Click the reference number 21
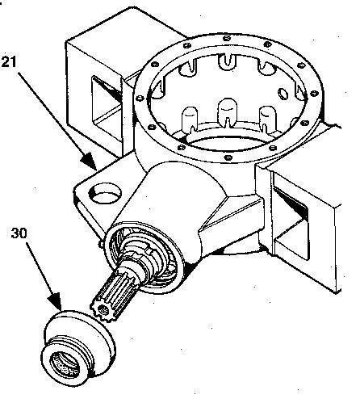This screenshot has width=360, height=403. tap(9, 61)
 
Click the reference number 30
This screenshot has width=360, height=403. tap(19, 233)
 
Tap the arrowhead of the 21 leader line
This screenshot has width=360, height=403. tap(89, 162)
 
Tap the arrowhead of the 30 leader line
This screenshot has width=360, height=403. tap(56, 302)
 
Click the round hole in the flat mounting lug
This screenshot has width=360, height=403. tap(105, 193)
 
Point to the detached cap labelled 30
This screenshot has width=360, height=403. tap(78, 349)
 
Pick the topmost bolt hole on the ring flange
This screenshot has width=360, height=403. tap(227, 38)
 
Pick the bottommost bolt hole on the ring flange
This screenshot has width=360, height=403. tap(228, 157)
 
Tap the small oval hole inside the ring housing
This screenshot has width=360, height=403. tap(283, 94)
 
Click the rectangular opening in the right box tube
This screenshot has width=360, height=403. tap(291, 220)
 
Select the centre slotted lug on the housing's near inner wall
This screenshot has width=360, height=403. tap(228, 111)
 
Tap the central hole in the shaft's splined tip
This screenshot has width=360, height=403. tap(103, 310)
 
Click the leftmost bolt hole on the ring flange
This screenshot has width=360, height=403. tap(140, 98)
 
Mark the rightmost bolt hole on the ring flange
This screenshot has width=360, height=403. tap(314, 94)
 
